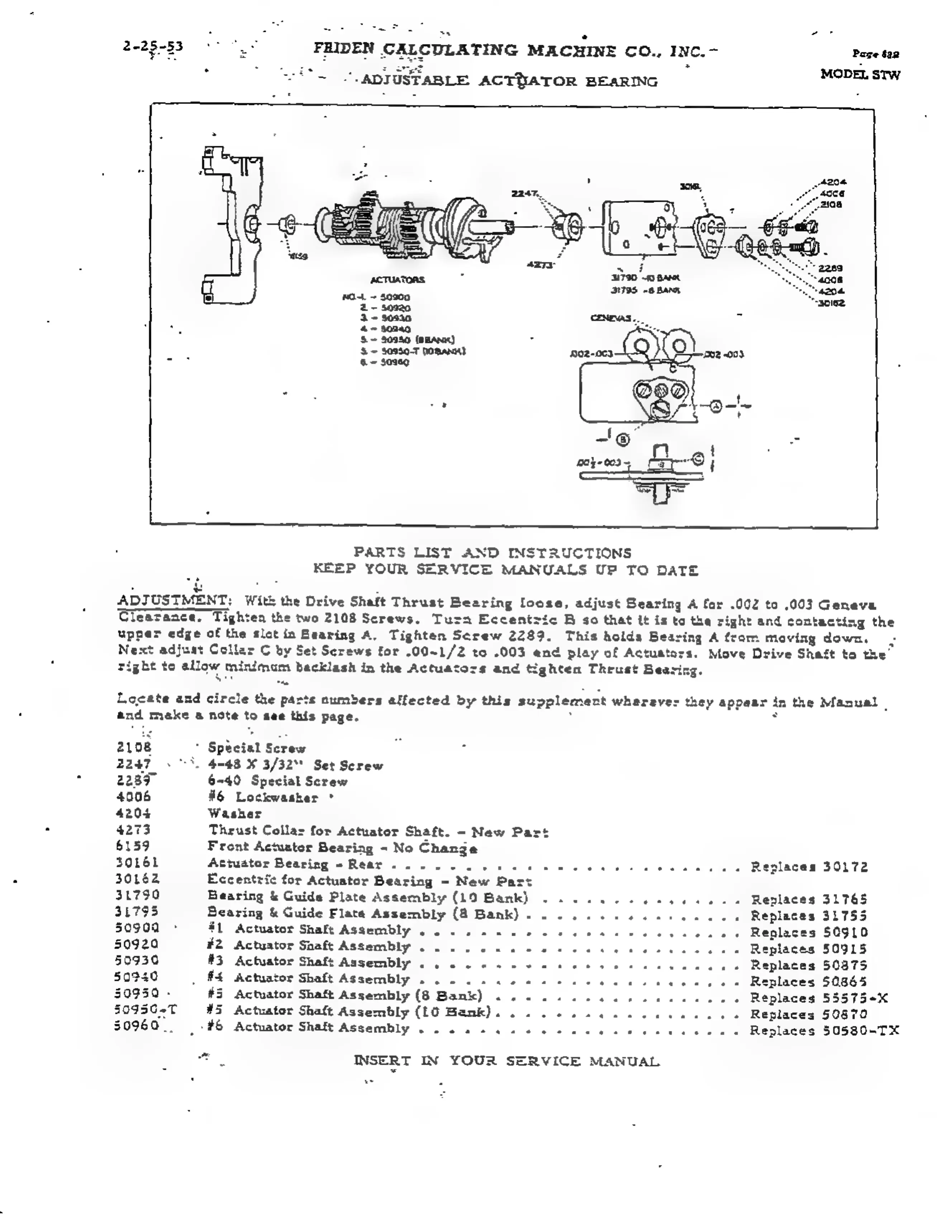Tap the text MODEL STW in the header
click(860, 75)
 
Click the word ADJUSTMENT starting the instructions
click(172, 601)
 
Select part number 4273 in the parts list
click(133, 830)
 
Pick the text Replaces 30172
click(809, 867)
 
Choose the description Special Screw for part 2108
click(257, 748)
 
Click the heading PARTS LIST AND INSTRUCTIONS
click(493, 552)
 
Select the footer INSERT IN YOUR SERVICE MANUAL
click(506, 1061)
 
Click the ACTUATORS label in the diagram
click(397, 280)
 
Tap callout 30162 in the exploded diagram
click(832, 303)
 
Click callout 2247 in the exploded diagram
click(524, 193)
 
